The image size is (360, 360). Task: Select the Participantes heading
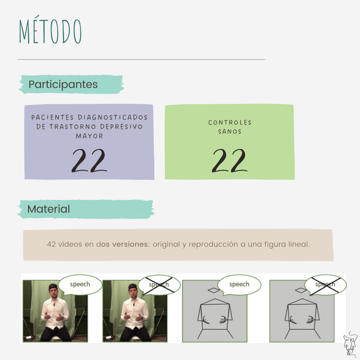[63, 84]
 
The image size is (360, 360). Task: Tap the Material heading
[48, 209]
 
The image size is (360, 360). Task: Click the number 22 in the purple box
[89, 160]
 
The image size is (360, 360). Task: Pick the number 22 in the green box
[230, 160]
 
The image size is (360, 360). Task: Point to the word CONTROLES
[230, 123]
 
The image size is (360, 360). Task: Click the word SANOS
[230, 132]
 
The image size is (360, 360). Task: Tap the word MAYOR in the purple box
[89, 136]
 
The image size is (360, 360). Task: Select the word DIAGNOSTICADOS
[113, 117]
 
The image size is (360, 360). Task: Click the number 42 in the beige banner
[51, 244]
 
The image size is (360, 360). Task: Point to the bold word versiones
[130, 244]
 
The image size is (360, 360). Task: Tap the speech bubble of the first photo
[80, 285]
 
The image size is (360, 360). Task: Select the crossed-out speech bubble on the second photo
[159, 285]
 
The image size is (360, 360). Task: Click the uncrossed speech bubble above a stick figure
[239, 285]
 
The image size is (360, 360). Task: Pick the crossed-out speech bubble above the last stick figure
[325, 285]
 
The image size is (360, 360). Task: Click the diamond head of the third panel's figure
[214, 290]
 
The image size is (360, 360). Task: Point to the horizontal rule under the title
[141, 59]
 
